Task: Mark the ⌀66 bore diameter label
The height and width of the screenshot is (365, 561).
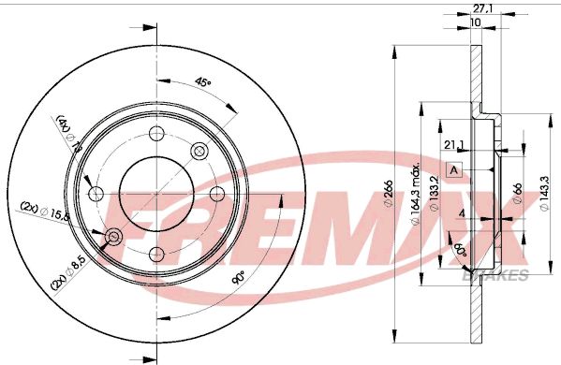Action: coord(518,194)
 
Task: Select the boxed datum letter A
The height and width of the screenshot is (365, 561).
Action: coord(454,169)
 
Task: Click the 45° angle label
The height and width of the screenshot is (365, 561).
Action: coord(202,83)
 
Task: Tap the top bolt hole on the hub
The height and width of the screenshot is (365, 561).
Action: coord(155,133)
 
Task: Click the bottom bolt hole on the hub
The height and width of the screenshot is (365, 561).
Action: coord(155,254)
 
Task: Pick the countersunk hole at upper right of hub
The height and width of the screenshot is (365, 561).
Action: coord(199,151)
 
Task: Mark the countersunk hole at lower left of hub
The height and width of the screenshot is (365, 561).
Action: coord(113,237)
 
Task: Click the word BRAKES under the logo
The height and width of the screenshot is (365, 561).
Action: coord(507,273)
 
